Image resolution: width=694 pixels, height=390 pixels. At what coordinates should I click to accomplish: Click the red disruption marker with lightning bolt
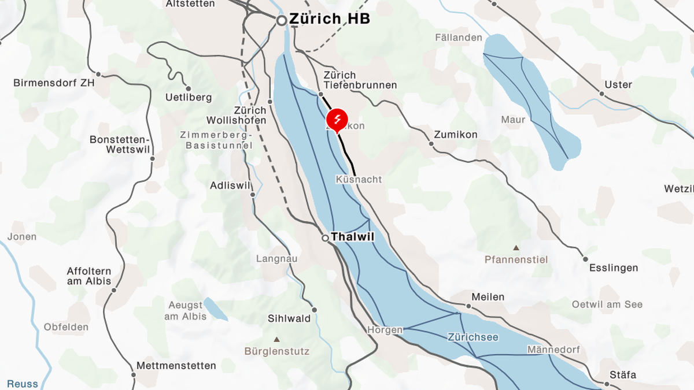click(x=337, y=120)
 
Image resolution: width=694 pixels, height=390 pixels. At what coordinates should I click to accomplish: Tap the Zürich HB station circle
click(x=282, y=20)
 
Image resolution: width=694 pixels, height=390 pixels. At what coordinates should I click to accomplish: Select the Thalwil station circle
click(x=326, y=237)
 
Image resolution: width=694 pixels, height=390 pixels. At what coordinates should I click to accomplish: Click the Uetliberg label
click(x=189, y=98)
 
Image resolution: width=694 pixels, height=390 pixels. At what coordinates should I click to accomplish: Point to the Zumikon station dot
click(x=431, y=143)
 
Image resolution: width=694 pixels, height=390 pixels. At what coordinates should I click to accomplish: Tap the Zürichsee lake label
click(x=473, y=337)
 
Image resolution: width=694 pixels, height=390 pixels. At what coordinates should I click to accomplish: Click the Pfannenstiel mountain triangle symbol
click(x=516, y=247)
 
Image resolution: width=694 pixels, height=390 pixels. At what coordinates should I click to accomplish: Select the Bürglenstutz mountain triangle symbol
click(x=276, y=339)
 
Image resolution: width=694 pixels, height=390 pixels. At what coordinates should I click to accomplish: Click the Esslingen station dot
click(x=585, y=259)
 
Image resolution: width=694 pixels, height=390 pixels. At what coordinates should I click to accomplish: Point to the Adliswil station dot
click(x=253, y=195)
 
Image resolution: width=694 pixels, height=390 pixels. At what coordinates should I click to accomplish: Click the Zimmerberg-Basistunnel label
click(x=219, y=140)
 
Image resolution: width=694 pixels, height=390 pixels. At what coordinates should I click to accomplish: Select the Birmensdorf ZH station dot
click(x=98, y=74)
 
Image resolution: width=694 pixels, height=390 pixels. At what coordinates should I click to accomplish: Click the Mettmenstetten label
click(x=176, y=366)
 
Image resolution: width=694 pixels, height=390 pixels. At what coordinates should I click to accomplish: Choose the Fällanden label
click(x=459, y=38)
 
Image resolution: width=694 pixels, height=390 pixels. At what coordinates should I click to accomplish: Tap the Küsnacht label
click(x=359, y=180)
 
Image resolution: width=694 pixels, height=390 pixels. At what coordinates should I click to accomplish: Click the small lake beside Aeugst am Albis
click(x=215, y=310)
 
